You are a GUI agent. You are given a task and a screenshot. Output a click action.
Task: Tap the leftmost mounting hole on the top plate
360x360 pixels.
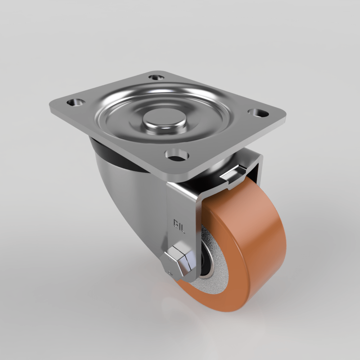(x=76, y=102)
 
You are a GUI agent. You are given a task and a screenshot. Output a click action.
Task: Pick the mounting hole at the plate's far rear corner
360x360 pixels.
(x=156, y=77)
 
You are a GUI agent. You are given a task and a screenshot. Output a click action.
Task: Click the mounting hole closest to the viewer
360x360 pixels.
(x=177, y=155)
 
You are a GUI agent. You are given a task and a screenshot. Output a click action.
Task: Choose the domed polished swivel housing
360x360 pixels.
(x=122, y=194)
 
